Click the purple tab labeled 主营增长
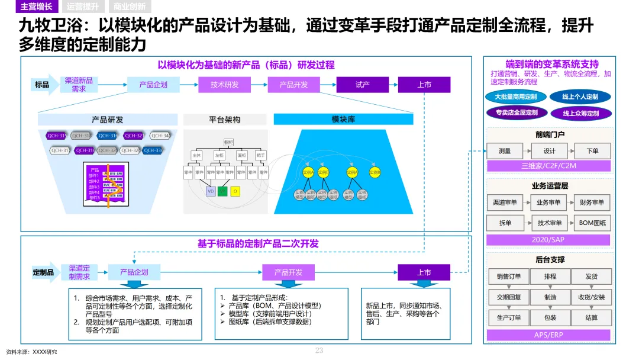click(x=36, y=7)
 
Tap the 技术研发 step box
click(x=224, y=85)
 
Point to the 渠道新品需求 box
click(x=79, y=85)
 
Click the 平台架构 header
click(x=224, y=120)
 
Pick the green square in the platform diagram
click(x=222, y=191)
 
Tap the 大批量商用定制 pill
click(x=515, y=97)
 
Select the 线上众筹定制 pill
click(x=580, y=112)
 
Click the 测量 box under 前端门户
click(x=505, y=151)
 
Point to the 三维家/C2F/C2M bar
click(x=548, y=166)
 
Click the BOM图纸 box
click(x=592, y=223)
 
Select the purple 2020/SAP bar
click(x=548, y=240)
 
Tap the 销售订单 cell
click(x=505, y=277)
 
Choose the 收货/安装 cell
click(x=591, y=297)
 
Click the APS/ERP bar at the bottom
click(x=548, y=335)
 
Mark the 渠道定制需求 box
click(x=79, y=272)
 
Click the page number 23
click(x=319, y=351)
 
